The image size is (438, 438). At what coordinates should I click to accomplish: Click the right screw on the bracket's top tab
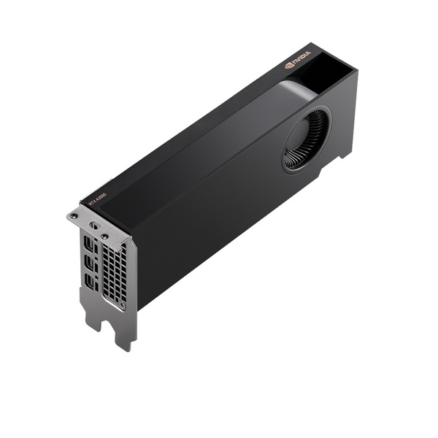point(104,236)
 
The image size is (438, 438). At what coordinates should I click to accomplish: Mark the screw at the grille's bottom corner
point(120,305)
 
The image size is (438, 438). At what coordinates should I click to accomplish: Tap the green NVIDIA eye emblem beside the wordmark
point(289,64)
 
